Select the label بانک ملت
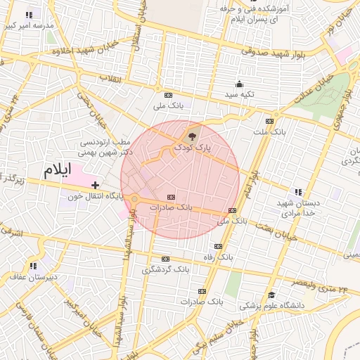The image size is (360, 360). coord(270,131)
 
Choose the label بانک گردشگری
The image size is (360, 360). coord(166,270)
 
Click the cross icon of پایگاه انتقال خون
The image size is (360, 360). coord(95,184)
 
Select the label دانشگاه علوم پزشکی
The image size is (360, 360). coord(272,305)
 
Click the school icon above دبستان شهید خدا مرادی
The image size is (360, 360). coord(299,191)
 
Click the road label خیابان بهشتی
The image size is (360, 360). coord(277,235)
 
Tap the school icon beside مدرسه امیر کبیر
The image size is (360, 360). coord(29,14)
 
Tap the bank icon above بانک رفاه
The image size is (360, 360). coord(218,246)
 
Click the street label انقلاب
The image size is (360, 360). coord(111,78)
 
